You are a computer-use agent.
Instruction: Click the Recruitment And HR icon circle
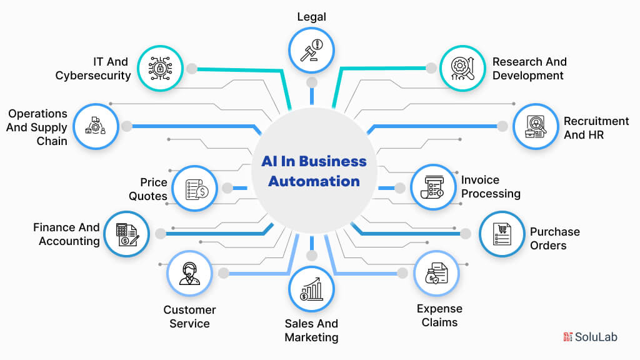coord(536,126)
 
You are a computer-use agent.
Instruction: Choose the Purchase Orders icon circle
coord(502,234)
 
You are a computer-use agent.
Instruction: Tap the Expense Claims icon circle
coord(437,273)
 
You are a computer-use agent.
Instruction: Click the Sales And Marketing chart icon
coord(311,289)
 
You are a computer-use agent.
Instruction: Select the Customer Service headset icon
coord(189,273)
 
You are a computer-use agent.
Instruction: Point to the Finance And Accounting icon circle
coord(127,234)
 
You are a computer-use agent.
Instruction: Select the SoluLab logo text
coord(597,337)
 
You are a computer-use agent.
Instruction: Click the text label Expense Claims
coord(439,316)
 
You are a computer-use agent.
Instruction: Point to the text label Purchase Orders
coord(554,238)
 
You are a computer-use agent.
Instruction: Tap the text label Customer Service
coord(189,316)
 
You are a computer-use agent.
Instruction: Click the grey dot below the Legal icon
coord(311,82)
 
